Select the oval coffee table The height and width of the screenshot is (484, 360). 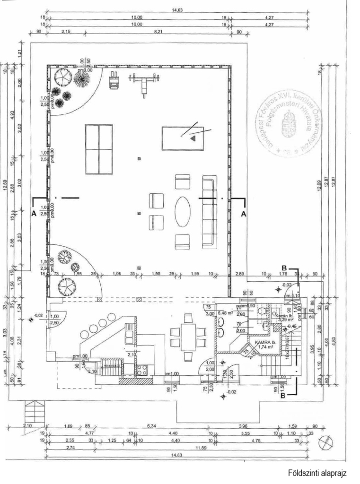[x=183, y=212]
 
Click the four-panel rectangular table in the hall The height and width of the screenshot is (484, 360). [x=99, y=149]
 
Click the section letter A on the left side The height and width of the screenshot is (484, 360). [x=34, y=214]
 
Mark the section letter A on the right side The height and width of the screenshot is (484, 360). [x=244, y=214]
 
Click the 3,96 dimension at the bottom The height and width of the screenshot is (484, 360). [x=244, y=426]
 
